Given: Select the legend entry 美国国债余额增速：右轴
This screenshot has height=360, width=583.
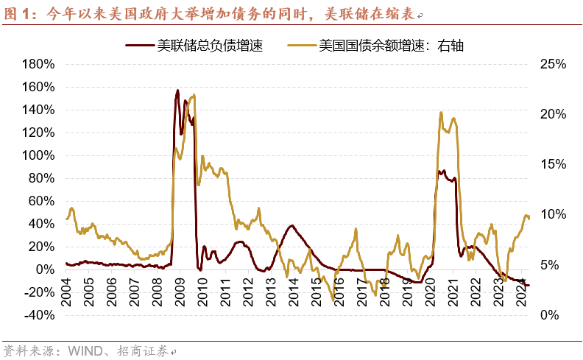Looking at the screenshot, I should tap(391, 46).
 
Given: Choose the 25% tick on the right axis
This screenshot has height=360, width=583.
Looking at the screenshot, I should tap(551, 64).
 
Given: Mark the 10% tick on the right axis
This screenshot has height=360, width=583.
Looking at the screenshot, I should tap(551, 214).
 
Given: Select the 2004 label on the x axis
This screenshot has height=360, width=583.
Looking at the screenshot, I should tap(66, 285).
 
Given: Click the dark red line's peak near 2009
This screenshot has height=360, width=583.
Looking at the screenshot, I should tap(177, 91).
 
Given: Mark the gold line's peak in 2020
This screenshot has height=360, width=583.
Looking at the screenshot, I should tap(440, 112).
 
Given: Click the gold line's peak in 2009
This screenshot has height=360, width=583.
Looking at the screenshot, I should tap(194, 95).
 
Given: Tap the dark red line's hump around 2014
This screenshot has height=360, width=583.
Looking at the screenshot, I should tap(292, 225).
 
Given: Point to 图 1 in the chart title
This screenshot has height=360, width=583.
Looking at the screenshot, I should tap(20, 13).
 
